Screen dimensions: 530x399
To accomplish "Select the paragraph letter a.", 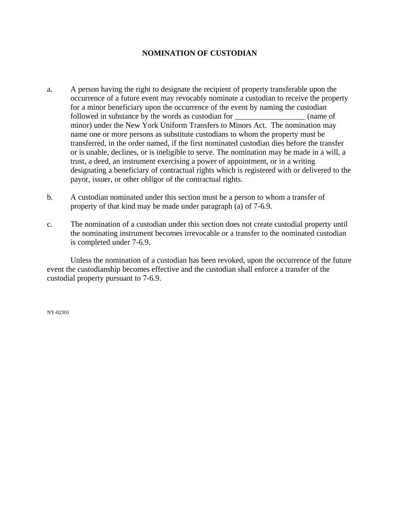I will tap(49, 89).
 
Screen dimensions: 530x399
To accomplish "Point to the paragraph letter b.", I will tap(50, 197).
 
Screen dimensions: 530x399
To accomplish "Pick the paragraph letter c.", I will tap(49, 224).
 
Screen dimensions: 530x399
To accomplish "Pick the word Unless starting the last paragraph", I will tap(81, 260).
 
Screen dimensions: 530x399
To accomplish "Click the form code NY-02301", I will tap(58, 313).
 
